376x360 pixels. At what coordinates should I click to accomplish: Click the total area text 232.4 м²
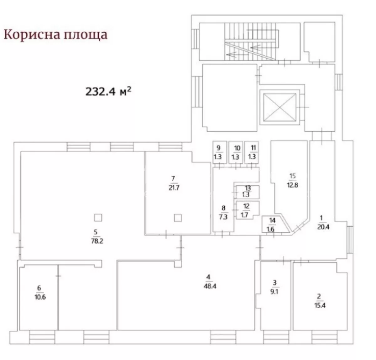108,91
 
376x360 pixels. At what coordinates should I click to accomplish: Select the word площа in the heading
86,35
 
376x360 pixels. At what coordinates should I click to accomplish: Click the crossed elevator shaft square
279,107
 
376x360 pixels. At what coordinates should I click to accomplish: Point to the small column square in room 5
98,218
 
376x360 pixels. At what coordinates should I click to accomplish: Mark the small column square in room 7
178,218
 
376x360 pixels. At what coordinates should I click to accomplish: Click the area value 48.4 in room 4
210,286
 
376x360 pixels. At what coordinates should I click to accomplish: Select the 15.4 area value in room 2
320,306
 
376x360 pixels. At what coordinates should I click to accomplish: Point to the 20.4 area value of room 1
323,227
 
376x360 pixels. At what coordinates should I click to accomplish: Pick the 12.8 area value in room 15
293,185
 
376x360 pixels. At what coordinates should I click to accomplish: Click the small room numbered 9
220,152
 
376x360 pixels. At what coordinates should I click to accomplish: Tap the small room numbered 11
251,152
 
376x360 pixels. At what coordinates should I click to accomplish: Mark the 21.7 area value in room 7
174,188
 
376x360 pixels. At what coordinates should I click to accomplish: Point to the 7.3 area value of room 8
223,217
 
